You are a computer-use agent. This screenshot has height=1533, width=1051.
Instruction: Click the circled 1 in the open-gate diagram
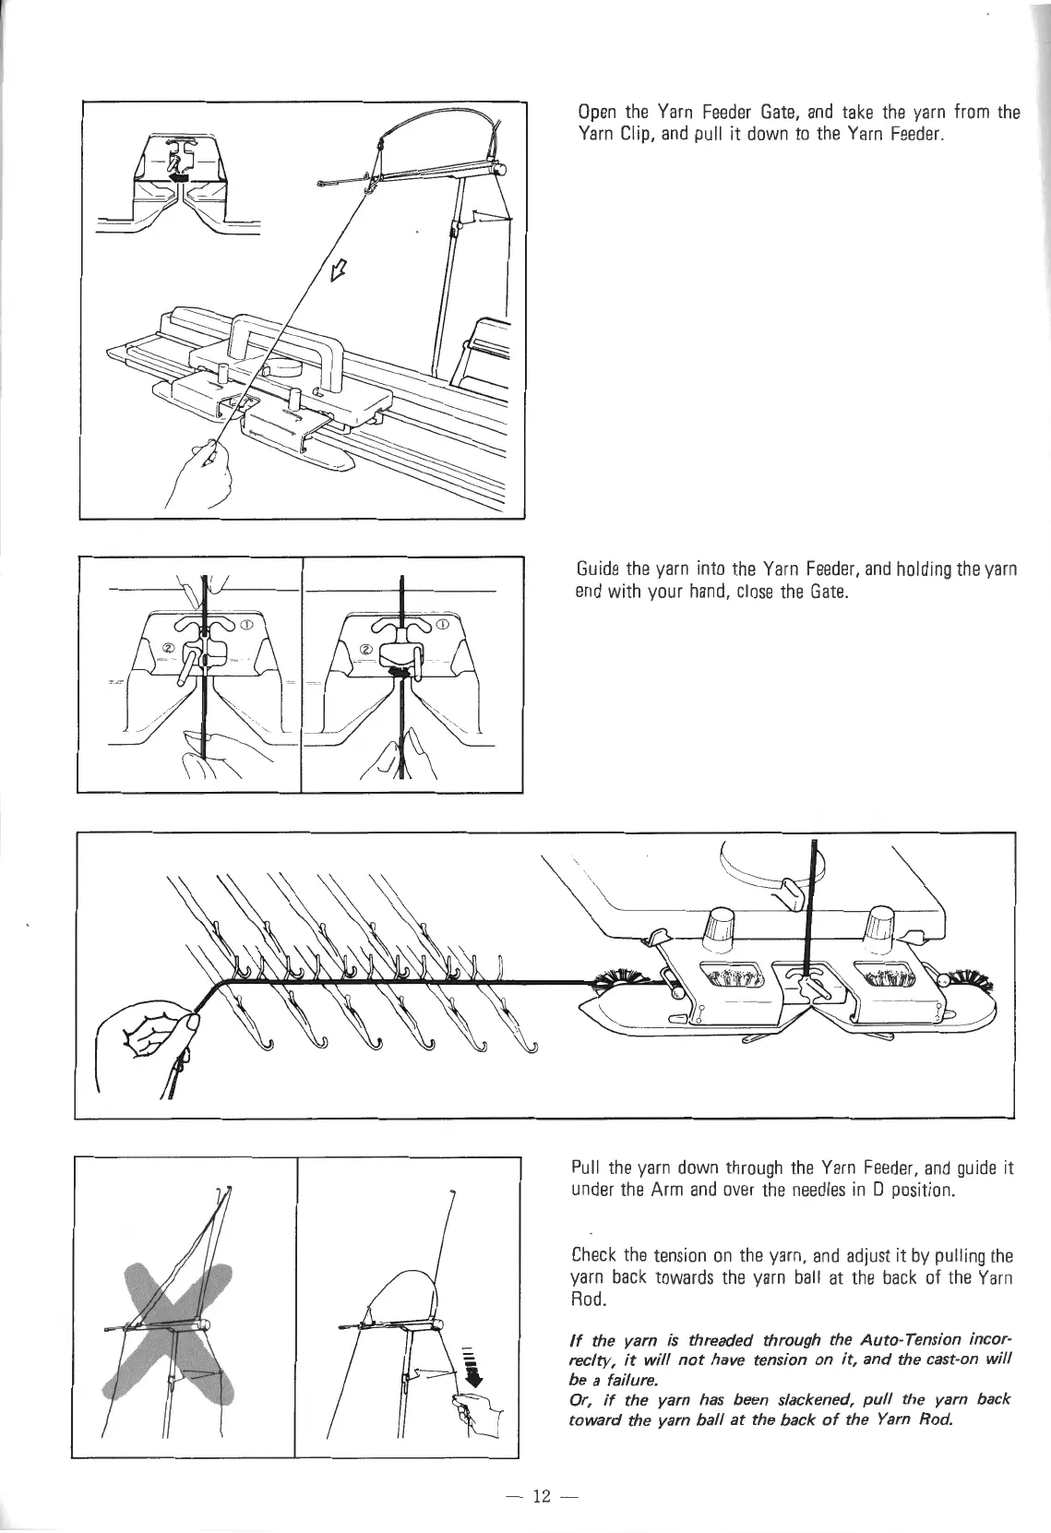246,625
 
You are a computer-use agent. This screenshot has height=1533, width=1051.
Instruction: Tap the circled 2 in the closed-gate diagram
365,650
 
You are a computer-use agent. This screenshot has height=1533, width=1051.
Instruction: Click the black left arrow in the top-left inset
179,176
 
